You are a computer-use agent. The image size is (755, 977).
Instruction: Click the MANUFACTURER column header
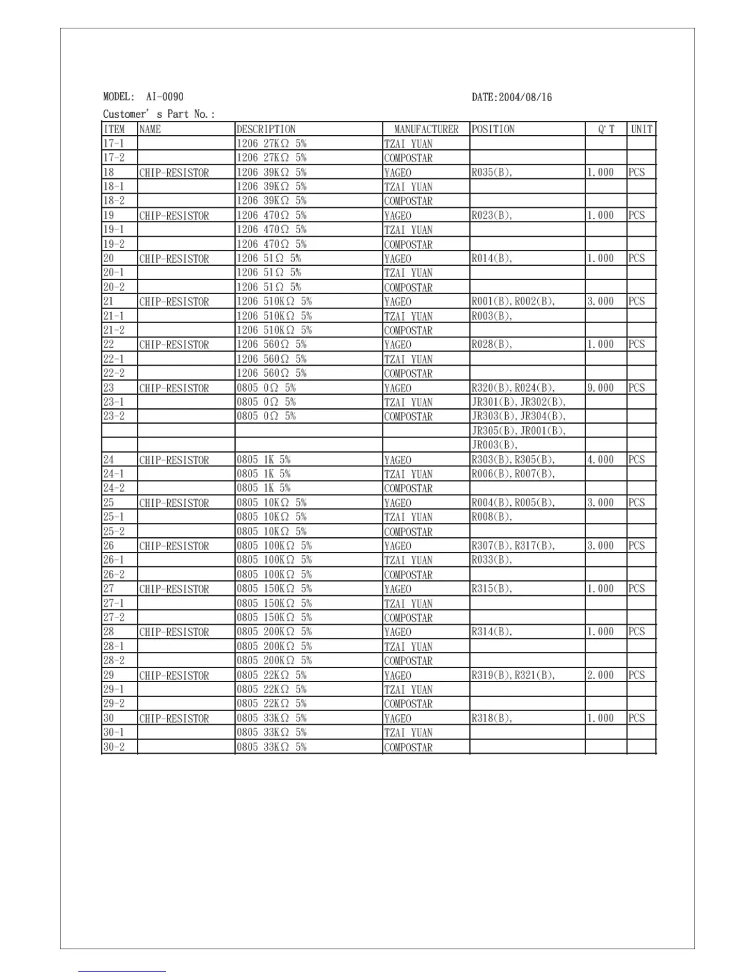pyautogui.click(x=426, y=130)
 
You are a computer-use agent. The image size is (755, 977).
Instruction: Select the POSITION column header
pyautogui.click(x=493, y=130)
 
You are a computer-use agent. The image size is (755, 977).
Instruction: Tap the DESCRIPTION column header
pyautogui.click(x=266, y=130)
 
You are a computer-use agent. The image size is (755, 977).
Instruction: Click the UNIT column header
pyautogui.click(x=642, y=130)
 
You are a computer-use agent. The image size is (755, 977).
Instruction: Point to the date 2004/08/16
pyautogui.click(x=525, y=97)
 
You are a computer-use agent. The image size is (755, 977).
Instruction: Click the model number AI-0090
pyautogui.click(x=165, y=97)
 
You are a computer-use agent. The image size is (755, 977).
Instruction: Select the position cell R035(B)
pyautogui.click(x=492, y=173)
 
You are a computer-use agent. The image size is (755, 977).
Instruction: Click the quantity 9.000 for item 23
pyautogui.click(x=600, y=388)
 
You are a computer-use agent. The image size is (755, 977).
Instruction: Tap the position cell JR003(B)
pyautogui.click(x=495, y=445)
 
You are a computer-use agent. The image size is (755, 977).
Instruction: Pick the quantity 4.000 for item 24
pyautogui.click(x=600, y=460)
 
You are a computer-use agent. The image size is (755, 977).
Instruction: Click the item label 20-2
pyautogui.click(x=113, y=287)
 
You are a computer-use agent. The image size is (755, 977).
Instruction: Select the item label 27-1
pyautogui.click(x=113, y=603)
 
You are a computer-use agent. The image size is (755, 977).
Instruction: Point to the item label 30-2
pyautogui.click(x=113, y=747)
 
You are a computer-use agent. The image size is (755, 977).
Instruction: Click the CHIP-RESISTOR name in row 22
pyautogui.click(x=174, y=345)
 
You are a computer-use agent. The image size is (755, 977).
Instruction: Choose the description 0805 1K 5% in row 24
pyautogui.click(x=263, y=460)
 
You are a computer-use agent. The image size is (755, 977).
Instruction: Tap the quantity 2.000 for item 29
pyautogui.click(x=600, y=675)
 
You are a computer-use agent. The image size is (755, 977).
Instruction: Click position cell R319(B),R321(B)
pyautogui.click(x=513, y=675)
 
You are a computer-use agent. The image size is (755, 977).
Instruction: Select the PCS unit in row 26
pyautogui.click(x=637, y=546)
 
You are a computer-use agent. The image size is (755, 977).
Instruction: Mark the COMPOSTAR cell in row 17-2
pyautogui.click(x=408, y=159)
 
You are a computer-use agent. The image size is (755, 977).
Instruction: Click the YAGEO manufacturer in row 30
pyautogui.click(x=397, y=719)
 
